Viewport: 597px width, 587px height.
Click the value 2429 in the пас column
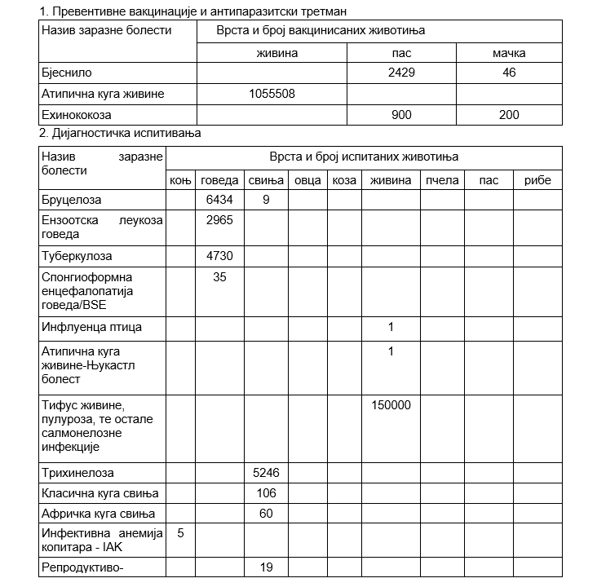pyautogui.click(x=401, y=73)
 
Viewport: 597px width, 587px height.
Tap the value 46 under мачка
pyautogui.click(x=509, y=73)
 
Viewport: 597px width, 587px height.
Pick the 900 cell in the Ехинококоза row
pyautogui.click(x=401, y=115)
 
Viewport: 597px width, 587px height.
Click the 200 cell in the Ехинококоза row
pyautogui.click(x=509, y=115)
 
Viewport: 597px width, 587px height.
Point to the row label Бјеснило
pyautogui.click(x=64, y=73)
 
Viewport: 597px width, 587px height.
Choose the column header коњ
pyautogui.click(x=179, y=180)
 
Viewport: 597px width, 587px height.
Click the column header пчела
pyautogui.click(x=442, y=180)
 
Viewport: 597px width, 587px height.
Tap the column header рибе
pyautogui.click(x=537, y=180)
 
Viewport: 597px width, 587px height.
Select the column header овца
pyautogui.click(x=307, y=180)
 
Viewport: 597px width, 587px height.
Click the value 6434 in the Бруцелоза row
pyautogui.click(x=219, y=200)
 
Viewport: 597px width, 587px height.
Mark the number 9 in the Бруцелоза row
pyautogui.click(x=266, y=200)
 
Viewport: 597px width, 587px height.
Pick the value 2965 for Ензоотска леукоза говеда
pyautogui.click(x=219, y=220)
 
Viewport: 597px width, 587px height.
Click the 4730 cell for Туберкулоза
pyautogui.click(x=219, y=256)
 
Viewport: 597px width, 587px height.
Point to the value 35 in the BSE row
pyautogui.click(x=219, y=277)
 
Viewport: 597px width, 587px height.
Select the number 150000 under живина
pyautogui.click(x=391, y=405)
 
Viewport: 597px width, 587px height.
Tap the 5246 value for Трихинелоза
pyautogui.click(x=266, y=473)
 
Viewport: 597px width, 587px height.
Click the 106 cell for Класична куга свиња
pyautogui.click(x=266, y=493)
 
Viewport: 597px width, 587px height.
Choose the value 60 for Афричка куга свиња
pyautogui.click(x=266, y=514)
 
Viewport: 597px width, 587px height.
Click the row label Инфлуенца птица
pyautogui.click(x=91, y=328)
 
